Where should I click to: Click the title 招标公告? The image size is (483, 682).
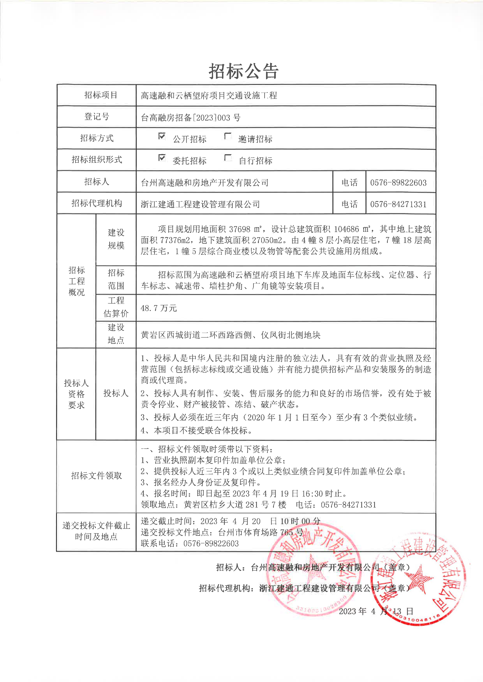[x=243, y=71]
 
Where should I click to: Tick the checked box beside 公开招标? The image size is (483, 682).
[x=162, y=136]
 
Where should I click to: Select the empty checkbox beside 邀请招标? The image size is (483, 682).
[x=228, y=136]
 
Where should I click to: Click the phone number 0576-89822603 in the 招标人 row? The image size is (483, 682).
[x=398, y=183]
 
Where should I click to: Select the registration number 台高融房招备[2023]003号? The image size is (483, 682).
[x=191, y=118]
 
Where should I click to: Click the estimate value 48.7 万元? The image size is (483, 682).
[x=159, y=308]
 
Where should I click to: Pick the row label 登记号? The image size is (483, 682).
[x=97, y=117]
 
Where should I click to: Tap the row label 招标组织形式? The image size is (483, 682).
[x=97, y=159]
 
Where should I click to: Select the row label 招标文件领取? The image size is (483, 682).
[x=96, y=475]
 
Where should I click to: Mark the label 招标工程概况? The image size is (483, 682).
[x=76, y=281]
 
